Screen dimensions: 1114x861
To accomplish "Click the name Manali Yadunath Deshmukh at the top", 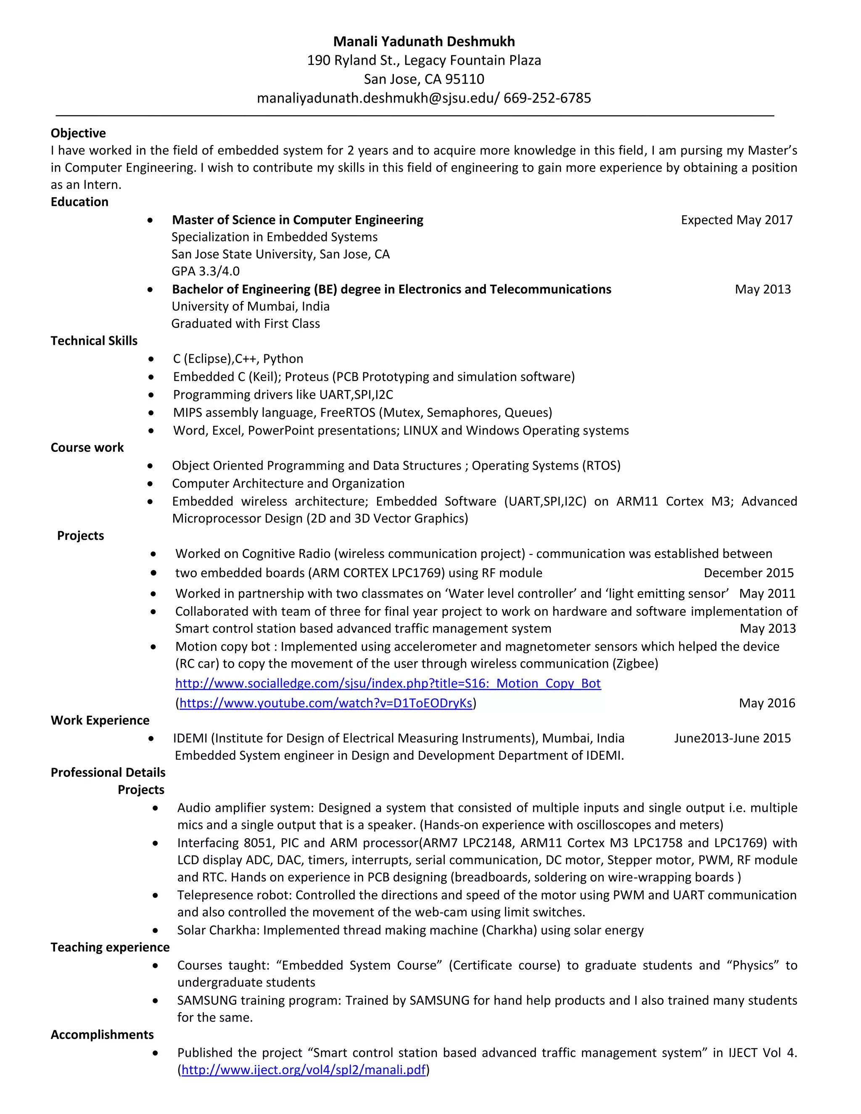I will point(424,41).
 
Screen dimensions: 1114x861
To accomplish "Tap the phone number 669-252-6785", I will point(547,98).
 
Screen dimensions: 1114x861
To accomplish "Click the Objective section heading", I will point(78,133).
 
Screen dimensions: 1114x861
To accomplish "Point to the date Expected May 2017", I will point(736,220).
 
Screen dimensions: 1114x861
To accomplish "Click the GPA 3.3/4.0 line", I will point(205,272).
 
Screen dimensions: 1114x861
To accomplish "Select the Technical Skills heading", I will point(94,341).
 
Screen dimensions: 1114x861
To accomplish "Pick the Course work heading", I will point(87,447).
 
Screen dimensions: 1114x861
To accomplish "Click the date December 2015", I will point(748,573).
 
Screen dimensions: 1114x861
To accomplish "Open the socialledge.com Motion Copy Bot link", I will point(388,684).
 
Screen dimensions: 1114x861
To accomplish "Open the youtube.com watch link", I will point(325,703).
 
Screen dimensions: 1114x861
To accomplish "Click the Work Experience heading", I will point(100,720).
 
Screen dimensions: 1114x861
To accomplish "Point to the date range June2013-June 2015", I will point(732,738).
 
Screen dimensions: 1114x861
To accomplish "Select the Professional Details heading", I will point(108,772).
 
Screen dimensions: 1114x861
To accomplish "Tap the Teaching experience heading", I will point(110,947).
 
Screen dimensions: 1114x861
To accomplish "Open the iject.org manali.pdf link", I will point(303,1069).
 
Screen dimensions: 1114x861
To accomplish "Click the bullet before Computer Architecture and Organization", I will point(150,483).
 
